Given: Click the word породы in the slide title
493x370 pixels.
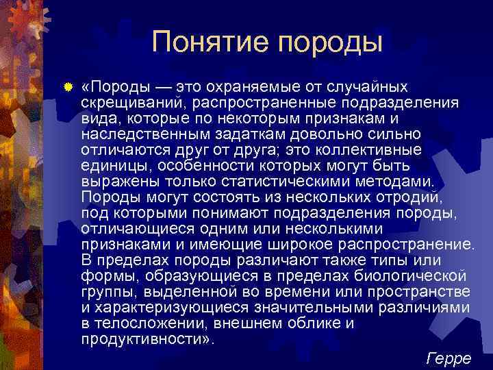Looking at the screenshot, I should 331,42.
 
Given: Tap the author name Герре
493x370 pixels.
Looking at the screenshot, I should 448,358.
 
